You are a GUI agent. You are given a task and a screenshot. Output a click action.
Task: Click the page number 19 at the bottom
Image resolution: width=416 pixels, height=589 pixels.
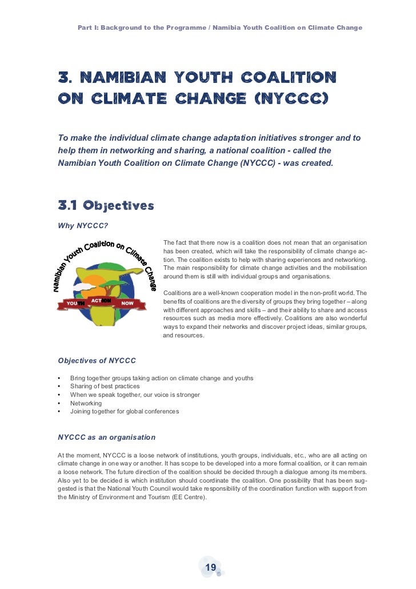coord(210,567)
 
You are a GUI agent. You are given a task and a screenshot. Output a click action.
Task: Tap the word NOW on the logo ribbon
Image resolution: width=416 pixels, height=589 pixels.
coord(127,303)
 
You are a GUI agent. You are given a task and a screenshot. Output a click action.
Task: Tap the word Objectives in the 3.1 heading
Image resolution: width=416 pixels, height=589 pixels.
coord(118,205)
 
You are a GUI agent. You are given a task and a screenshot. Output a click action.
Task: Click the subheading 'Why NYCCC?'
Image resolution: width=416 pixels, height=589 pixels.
coord(83,225)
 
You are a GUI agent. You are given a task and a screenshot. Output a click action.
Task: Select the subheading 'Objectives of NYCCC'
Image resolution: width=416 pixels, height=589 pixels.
coord(97,361)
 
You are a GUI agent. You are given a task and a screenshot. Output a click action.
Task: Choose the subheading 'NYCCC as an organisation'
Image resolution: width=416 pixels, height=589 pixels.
coord(107,437)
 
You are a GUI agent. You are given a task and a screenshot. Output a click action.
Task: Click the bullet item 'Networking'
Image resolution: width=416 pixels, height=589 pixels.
coord(86,403)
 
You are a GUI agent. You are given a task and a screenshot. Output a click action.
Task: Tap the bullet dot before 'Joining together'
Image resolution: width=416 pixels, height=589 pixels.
coord(59,412)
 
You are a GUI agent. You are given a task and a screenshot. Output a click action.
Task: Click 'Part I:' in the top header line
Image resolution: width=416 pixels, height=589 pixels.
coord(90,27)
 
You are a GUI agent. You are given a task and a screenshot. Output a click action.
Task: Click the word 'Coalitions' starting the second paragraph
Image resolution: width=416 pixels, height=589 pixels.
coord(178,293)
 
